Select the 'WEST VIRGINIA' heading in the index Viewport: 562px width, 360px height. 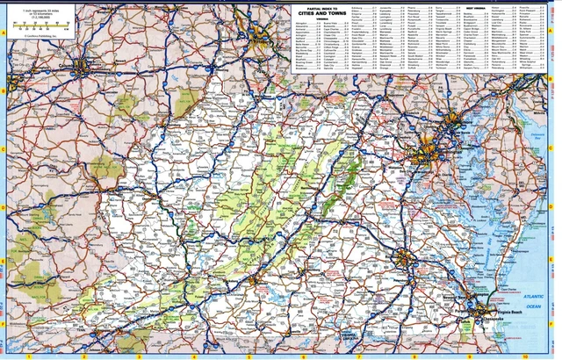479,7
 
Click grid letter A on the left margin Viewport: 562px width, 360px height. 4,32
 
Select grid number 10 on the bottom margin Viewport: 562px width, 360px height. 523,356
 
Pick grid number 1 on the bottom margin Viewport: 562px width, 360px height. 30,356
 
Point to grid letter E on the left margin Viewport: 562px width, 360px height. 4,262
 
